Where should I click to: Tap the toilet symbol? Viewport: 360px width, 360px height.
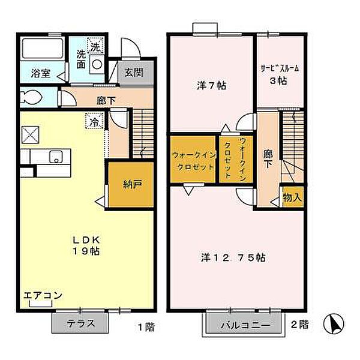click(31, 97)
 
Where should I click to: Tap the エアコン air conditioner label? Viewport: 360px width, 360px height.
click(43, 296)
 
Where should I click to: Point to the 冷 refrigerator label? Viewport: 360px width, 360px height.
click(95, 121)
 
